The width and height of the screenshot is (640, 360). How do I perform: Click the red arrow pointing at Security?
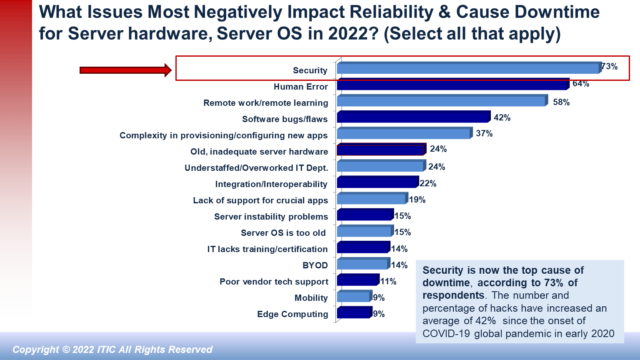click(x=125, y=70)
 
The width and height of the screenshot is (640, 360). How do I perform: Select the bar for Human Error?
click(x=452, y=85)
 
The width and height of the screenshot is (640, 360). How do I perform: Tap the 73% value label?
click(x=610, y=67)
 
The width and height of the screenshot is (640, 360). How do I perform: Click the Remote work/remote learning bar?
click(x=441, y=101)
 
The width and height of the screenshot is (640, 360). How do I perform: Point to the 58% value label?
click(x=561, y=102)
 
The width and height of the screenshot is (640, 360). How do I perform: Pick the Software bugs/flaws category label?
click(x=285, y=119)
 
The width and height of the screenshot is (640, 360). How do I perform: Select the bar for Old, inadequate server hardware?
click(x=380, y=150)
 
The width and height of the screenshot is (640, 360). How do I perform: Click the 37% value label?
click(x=484, y=133)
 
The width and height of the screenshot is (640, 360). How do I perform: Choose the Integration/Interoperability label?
click(x=271, y=184)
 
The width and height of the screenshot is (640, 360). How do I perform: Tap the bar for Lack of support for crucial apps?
click(x=371, y=199)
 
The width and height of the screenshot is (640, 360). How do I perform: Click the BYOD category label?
click(x=315, y=265)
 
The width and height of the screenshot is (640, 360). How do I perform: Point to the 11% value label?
click(x=388, y=281)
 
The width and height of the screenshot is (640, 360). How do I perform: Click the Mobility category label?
click(x=311, y=298)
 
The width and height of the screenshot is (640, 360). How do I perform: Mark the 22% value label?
click(x=428, y=183)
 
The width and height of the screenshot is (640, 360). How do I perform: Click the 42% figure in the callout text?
click(x=485, y=321)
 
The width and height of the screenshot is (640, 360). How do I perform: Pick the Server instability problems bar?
click(x=364, y=215)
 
